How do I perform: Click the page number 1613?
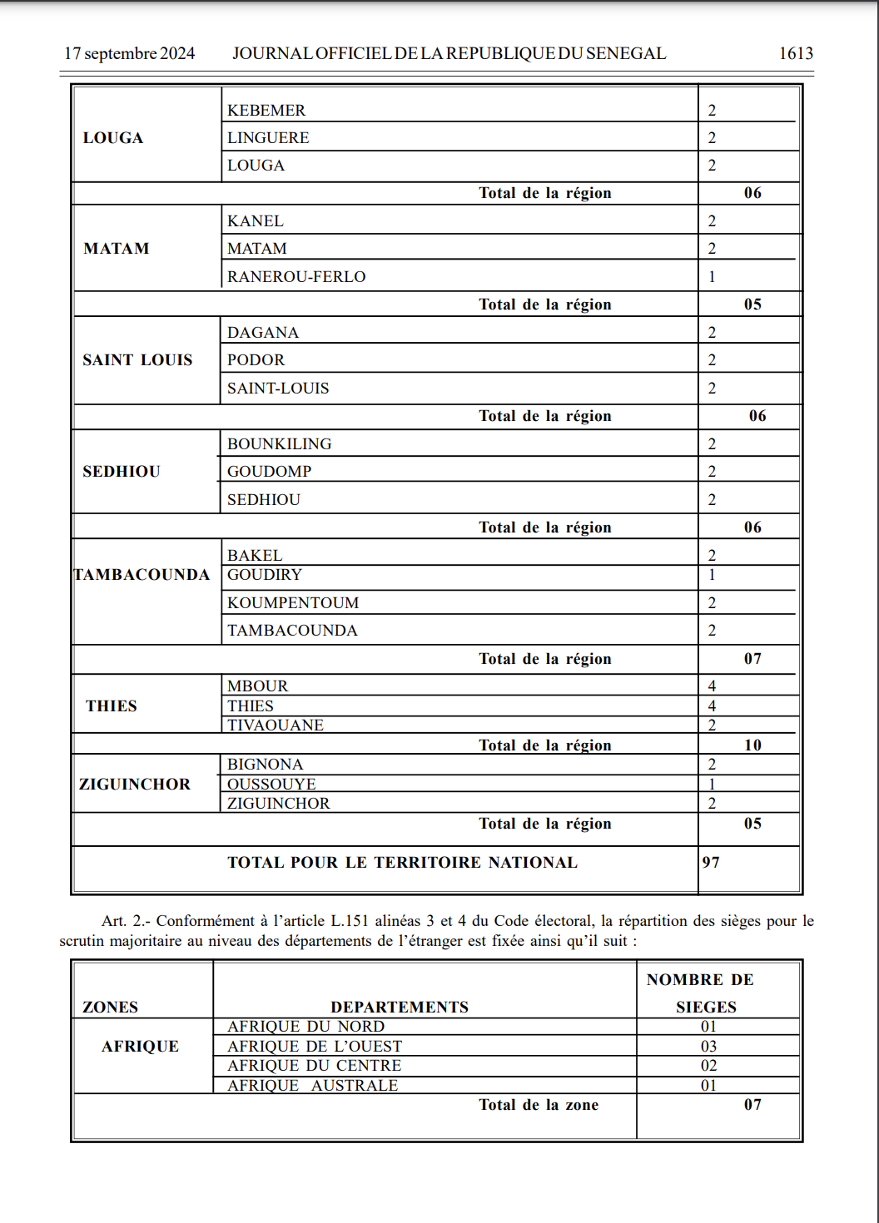click(x=795, y=53)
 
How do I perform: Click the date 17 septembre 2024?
click(x=129, y=53)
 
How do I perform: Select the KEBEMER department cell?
click(x=266, y=111)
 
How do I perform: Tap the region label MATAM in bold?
click(x=117, y=249)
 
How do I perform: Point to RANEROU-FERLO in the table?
click(x=296, y=277)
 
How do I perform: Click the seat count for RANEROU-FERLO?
click(x=712, y=277)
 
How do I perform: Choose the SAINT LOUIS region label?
click(x=137, y=360)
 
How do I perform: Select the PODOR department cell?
click(x=256, y=360)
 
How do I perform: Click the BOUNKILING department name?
click(x=280, y=444)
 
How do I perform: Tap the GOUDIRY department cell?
click(x=265, y=575)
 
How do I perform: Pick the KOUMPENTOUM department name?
click(x=293, y=603)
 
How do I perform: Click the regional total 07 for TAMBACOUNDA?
click(x=752, y=659)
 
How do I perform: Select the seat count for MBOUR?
click(x=712, y=686)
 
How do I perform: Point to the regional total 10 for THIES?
click(x=752, y=745)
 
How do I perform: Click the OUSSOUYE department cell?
click(x=271, y=785)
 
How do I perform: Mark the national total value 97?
click(x=711, y=863)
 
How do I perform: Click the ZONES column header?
click(x=111, y=1008)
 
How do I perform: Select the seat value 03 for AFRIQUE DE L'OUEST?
click(x=708, y=1047)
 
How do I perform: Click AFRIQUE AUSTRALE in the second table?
click(x=313, y=1086)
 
